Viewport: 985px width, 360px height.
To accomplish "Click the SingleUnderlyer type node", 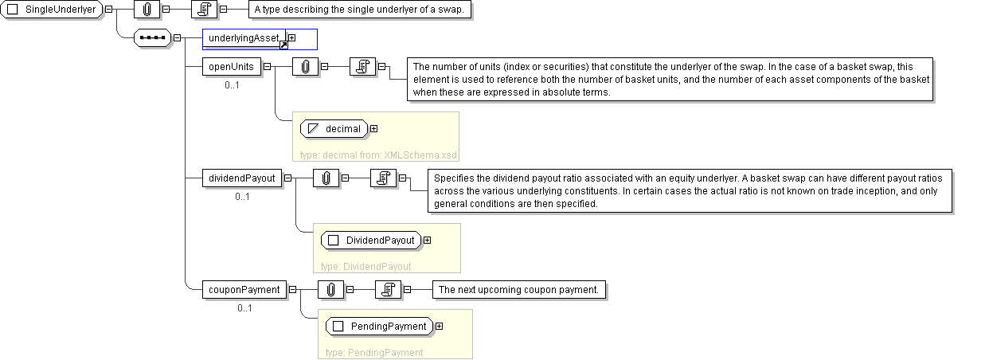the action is pos(52,10).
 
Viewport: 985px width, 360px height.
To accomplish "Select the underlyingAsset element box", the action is pos(244,38).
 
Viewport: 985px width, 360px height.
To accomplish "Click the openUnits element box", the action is pos(231,67).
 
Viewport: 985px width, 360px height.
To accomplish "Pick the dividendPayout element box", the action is pos(242,178).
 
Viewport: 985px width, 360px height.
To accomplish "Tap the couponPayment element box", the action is pos(244,290).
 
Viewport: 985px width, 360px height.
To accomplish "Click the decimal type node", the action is pos(334,129).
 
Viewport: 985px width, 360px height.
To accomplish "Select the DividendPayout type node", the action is pos(371,241).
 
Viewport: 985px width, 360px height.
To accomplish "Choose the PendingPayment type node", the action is pos(380,326).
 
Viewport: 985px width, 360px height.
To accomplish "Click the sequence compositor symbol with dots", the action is pos(152,38).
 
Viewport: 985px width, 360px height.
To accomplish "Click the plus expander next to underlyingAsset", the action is pos(291,38).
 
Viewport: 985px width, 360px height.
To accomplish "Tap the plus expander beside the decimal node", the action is pos(373,129).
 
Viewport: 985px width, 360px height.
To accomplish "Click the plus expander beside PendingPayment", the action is pos(439,326).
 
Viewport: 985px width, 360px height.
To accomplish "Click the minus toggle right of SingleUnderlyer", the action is pos(108,10).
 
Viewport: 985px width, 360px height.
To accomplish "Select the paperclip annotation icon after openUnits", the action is pos(305,67).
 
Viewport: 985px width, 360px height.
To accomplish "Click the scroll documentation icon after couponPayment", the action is pos(388,290).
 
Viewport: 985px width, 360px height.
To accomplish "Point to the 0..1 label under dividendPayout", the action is pos(242,197).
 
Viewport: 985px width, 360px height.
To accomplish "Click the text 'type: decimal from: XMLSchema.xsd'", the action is pos(378,155).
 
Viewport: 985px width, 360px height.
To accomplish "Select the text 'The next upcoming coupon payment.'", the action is pos(519,290).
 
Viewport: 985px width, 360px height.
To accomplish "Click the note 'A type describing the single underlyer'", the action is pos(360,10).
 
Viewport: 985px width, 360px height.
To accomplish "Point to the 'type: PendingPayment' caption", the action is pos(374,353).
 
